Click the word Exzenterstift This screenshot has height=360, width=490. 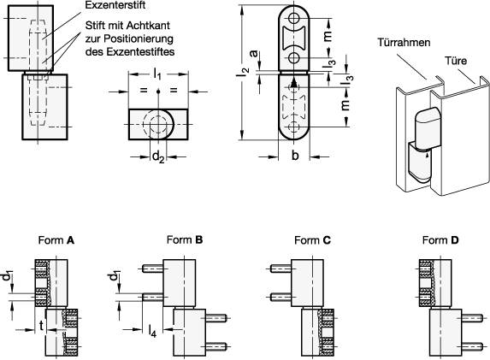115,5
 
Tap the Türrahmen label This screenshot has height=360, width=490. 404,42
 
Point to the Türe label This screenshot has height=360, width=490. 456,61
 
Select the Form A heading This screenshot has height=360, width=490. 56,240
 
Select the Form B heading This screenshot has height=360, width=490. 185,239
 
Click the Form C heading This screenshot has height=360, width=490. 312,240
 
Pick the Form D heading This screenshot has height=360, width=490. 440,240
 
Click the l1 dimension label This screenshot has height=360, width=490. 157,74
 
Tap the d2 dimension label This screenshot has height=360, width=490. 158,156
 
